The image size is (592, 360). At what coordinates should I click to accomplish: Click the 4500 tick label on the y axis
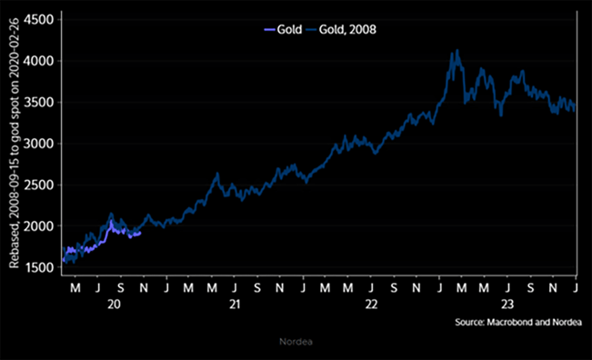coord(40,19)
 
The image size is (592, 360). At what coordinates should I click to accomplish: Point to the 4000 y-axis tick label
coord(40,61)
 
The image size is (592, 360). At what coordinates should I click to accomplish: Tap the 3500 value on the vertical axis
coord(40,102)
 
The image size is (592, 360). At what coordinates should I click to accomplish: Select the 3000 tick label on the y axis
coord(40,144)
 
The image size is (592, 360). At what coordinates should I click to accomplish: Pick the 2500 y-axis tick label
coord(40,185)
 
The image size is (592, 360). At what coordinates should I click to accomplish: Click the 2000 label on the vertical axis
coord(40,226)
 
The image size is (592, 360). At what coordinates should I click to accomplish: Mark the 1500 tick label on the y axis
coord(40,267)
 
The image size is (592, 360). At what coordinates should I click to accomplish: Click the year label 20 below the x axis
coord(113,306)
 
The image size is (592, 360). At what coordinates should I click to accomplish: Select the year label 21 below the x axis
coord(235,306)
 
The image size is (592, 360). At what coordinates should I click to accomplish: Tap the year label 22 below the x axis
coord(371,306)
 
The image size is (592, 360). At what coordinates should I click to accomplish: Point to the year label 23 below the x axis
coord(507,306)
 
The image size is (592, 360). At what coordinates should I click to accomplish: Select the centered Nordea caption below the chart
coord(296,344)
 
